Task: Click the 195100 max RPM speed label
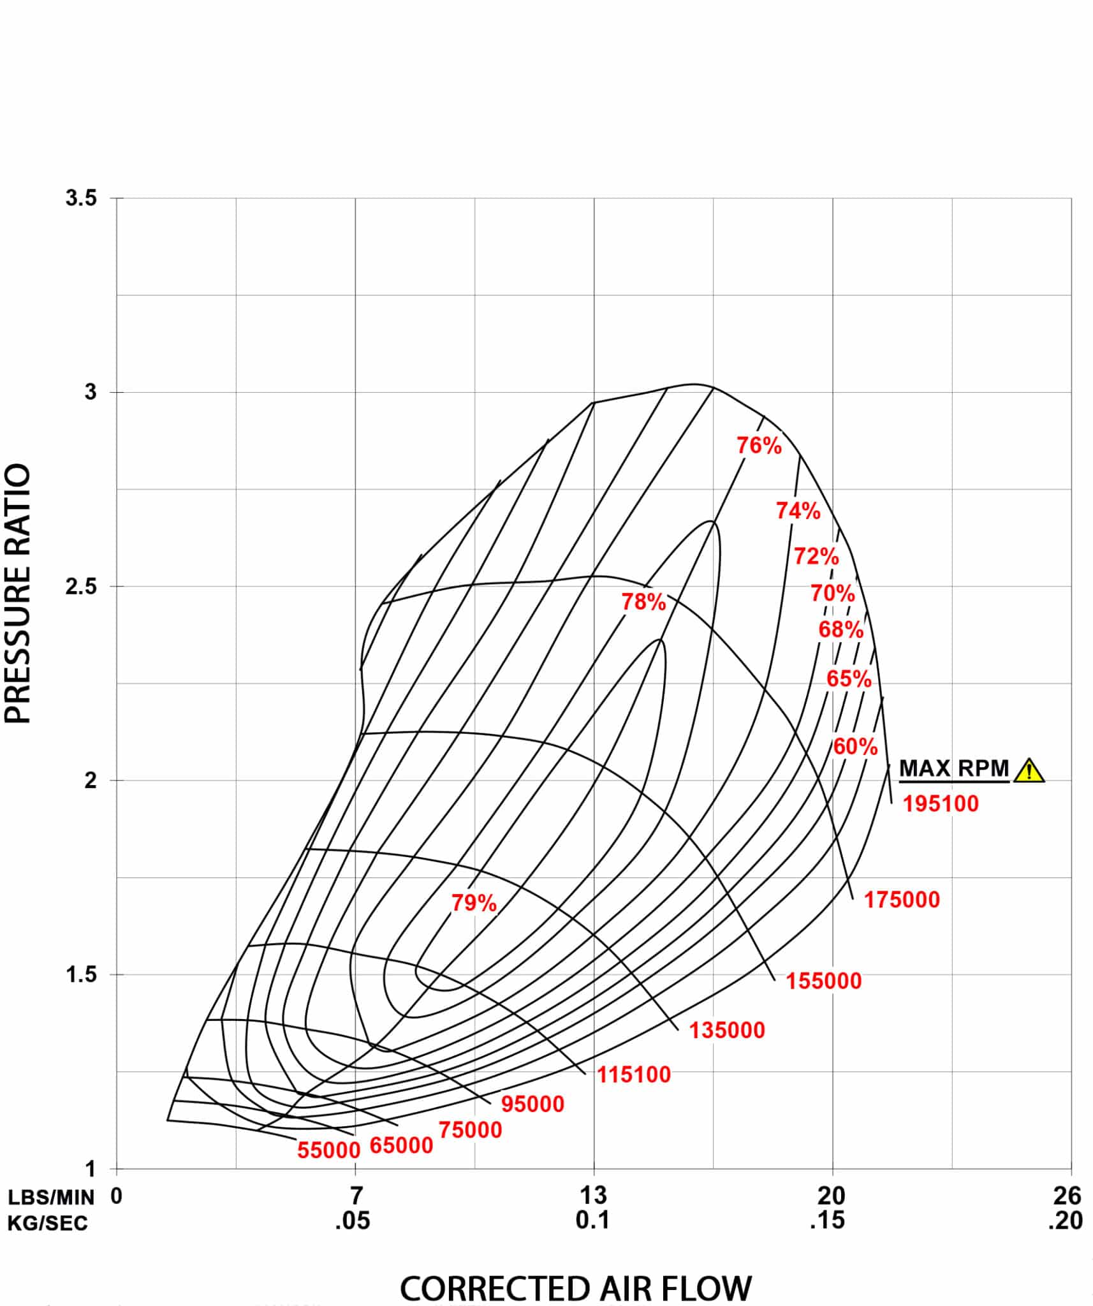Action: click(940, 803)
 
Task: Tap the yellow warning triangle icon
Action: click(1029, 770)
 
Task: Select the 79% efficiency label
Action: click(474, 903)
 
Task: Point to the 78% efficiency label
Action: click(643, 601)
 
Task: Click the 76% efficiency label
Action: click(759, 445)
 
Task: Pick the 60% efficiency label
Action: click(855, 746)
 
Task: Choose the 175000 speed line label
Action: click(902, 900)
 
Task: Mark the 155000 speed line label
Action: click(823, 981)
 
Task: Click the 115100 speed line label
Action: click(633, 1075)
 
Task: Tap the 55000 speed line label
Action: click(329, 1150)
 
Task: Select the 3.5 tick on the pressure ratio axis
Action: click(81, 198)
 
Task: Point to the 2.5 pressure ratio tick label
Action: click(81, 586)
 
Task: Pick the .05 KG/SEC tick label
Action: click(352, 1221)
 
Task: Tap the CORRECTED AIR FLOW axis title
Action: click(575, 1288)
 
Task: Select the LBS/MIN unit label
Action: click(51, 1197)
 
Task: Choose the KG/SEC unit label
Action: click(48, 1222)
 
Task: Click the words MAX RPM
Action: click(953, 768)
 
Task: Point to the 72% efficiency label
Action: click(816, 556)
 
